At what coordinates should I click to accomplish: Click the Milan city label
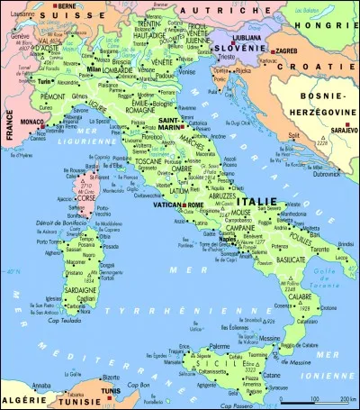point(95,68)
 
